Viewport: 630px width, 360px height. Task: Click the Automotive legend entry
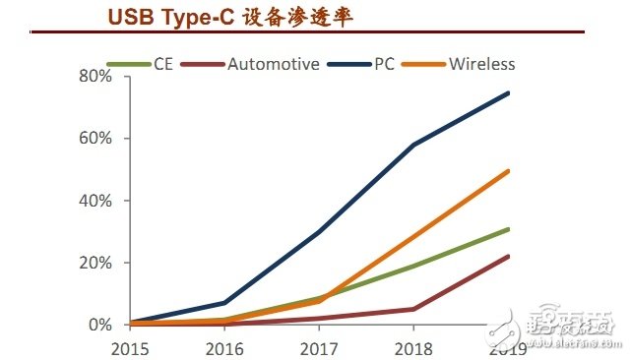click(274, 65)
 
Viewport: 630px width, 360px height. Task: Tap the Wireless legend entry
click(481, 65)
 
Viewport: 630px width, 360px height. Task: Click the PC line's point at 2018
click(414, 145)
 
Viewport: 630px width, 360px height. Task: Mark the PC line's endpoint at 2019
click(509, 93)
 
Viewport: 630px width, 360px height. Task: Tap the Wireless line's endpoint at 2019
click(509, 171)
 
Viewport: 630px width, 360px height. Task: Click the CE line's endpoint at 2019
click(509, 229)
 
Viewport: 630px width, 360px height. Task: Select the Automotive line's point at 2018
click(414, 309)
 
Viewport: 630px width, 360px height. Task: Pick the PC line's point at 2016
click(225, 303)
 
